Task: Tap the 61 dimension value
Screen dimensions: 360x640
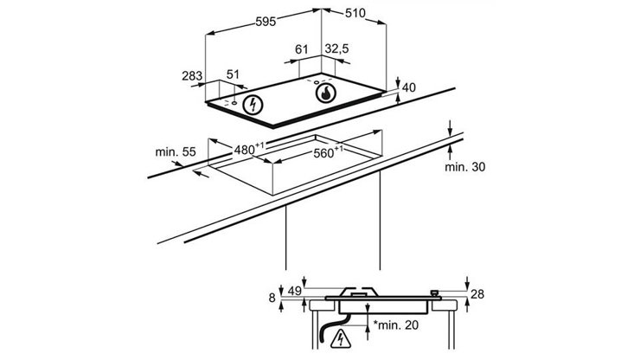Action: pyautogui.click(x=302, y=50)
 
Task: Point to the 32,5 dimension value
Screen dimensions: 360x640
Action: pyautogui.click(x=336, y=50)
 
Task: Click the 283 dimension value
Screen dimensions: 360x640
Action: pyautogui.click(x=193, y=76)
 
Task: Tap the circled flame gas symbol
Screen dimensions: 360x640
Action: pyautogui.click(x=324, y=93)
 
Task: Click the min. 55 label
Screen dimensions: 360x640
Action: pyautogui.click(x=175, y=152)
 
